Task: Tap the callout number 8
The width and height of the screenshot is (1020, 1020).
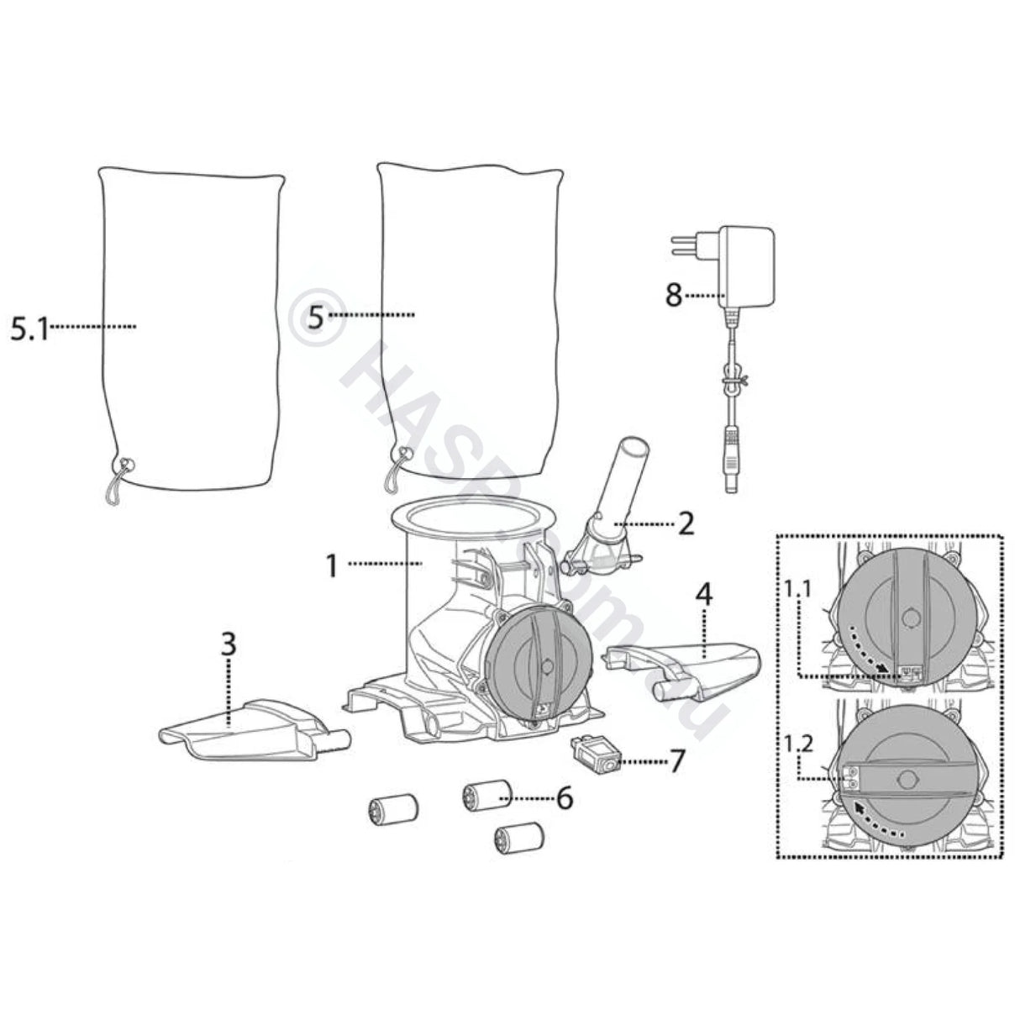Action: [x=674, y=296]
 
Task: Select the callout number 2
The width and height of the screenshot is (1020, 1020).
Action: [x=686, y=523]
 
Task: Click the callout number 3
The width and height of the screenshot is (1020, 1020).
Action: [x=229, y=645]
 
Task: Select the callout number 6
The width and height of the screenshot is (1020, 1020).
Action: [x=564, y=797]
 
